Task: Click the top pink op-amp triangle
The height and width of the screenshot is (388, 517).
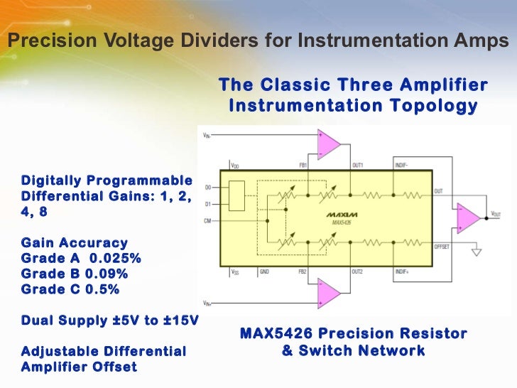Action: click(328, 144)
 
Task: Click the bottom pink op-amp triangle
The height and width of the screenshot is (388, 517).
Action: click(328, 292)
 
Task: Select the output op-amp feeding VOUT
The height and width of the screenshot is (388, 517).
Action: click(467, 216)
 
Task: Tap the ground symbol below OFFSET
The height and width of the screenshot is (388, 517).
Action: click(477, 251)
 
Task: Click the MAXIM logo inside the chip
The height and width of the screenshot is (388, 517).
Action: click(342, 214)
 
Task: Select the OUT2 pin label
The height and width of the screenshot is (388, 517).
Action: click(358, 271)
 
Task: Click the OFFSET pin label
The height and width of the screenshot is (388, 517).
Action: click(442, 246)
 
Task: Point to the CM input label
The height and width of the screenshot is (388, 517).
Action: click(207, 221)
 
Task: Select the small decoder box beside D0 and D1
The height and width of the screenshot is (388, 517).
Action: click(236, 197)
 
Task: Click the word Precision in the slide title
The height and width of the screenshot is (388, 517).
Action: click(43, 41)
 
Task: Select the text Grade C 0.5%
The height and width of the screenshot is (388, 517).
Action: click(70, 290)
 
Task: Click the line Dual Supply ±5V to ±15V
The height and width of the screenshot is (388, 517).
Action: click(109, 320)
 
